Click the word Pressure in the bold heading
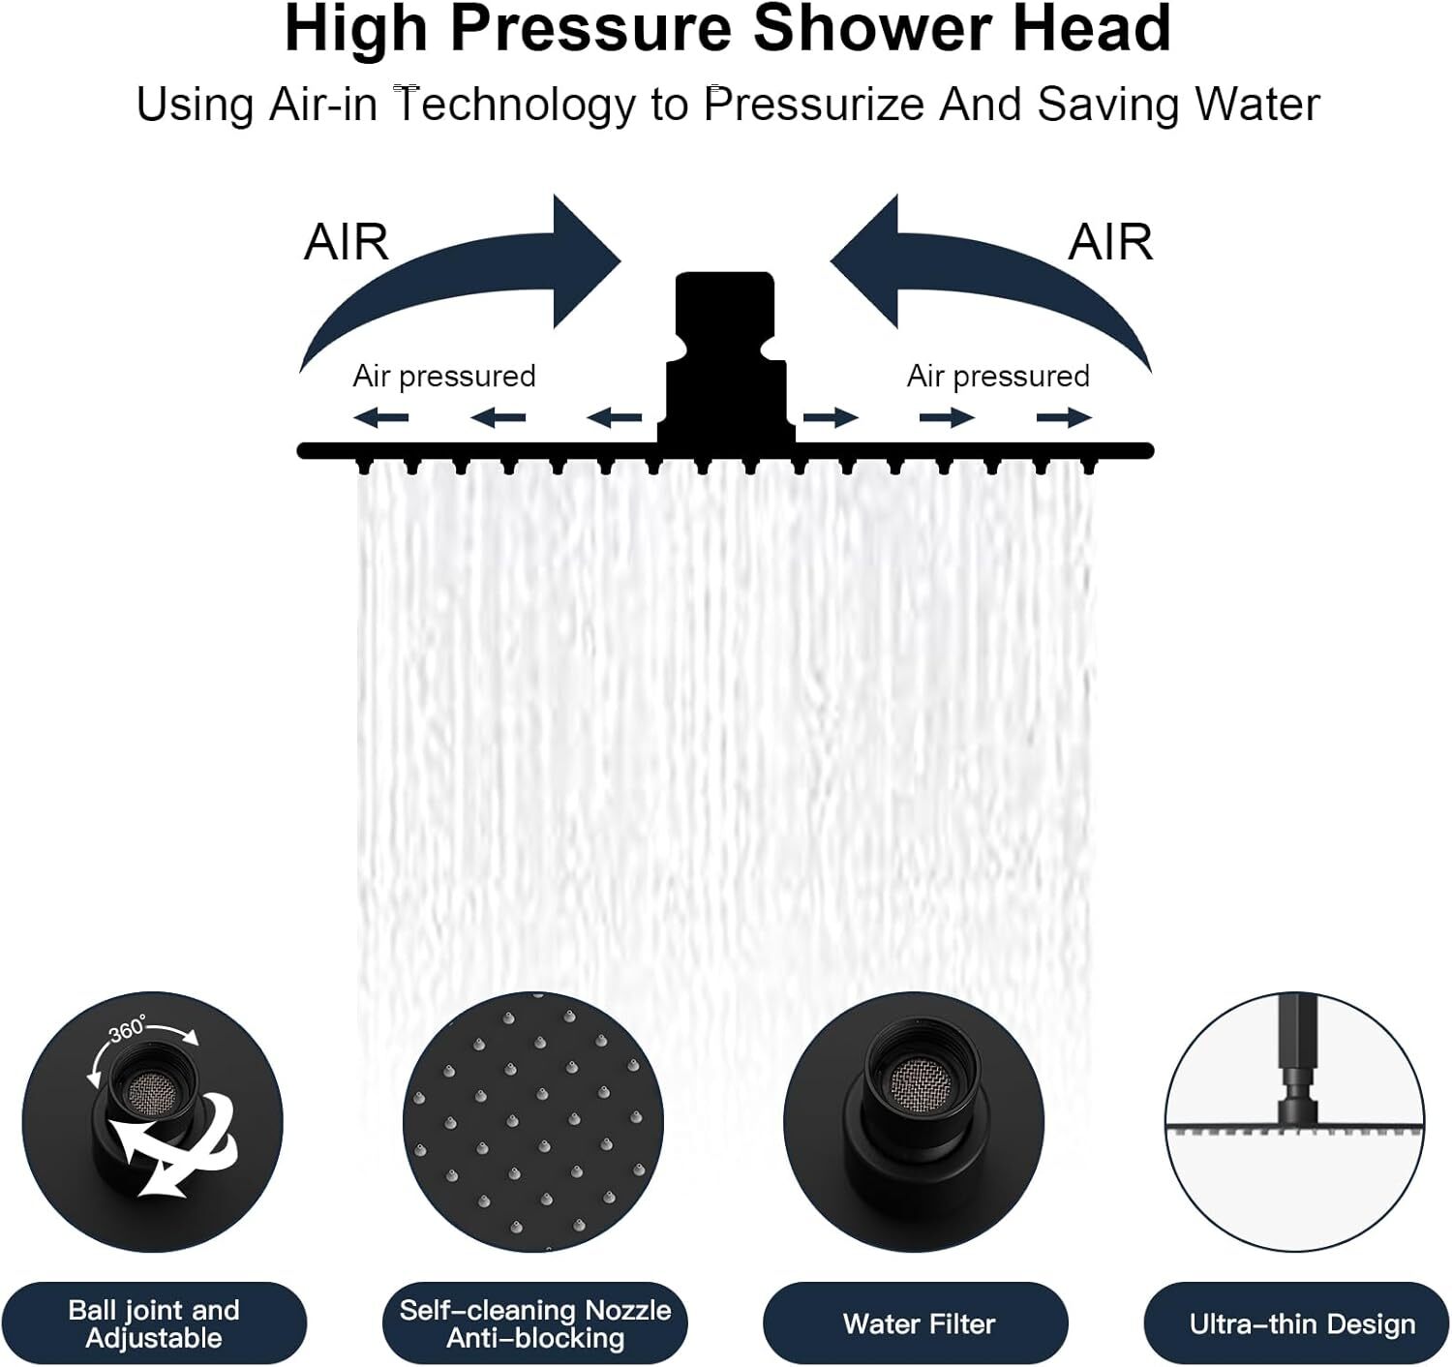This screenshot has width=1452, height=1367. click(x=590, y=29)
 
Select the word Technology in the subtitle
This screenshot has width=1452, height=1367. click(x=515, y=106)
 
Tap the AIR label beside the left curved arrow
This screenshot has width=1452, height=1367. click(x=346, y=242)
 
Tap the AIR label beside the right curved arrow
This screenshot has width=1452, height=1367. click(x=1110, y=242)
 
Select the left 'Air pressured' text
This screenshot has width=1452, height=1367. click(x=444, y=376)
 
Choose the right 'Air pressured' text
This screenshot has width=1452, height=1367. click(x=998, y=376)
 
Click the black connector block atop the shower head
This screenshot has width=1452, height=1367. click(x=725, y=357)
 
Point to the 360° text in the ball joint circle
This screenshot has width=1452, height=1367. click(x=128, y=1029)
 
